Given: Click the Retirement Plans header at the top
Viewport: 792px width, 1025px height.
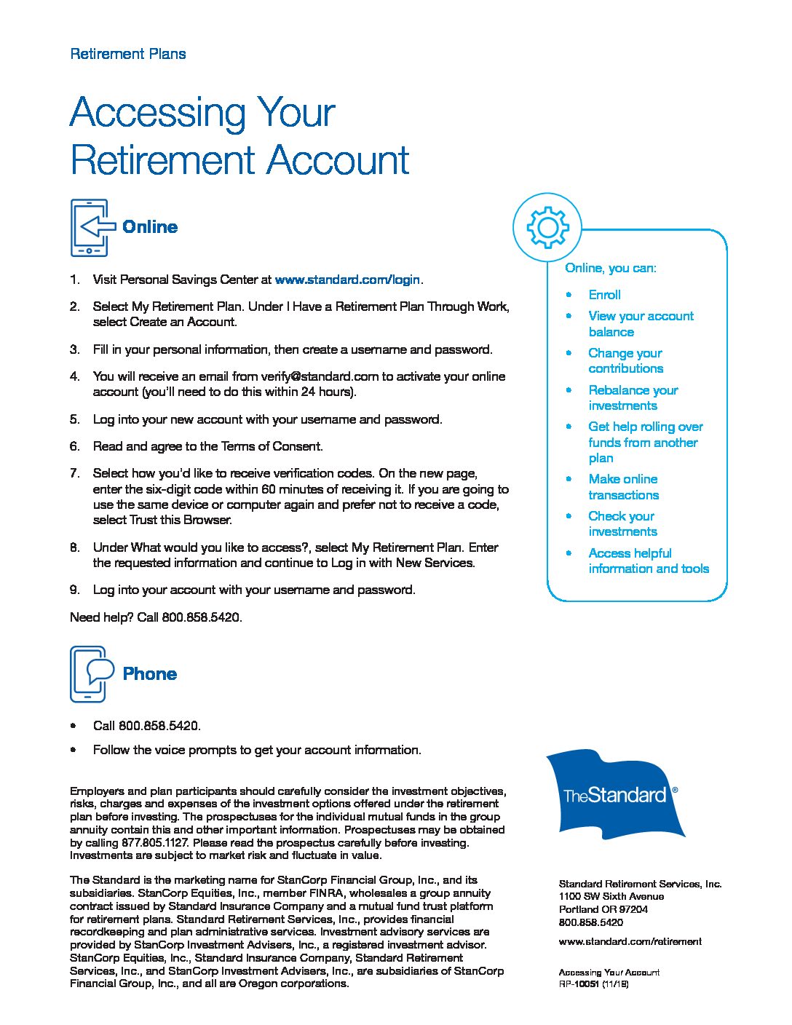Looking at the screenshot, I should (x=127, y=54).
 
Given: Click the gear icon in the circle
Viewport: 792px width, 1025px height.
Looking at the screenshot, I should (x=547, y=228).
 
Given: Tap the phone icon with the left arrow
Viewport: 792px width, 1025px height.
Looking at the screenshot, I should (x=90, y=227).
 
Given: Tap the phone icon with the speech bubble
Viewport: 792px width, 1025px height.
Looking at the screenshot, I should (x=91, y=673).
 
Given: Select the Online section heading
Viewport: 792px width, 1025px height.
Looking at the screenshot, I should (x=150, y=227).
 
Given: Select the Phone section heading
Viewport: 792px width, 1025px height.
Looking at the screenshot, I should (x=150, y=674).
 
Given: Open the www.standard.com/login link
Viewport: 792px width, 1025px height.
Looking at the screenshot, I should (x=348, y=280).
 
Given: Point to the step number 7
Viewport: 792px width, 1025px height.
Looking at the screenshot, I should (x=74, y=473).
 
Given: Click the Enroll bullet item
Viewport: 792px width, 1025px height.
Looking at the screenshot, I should (x=604, y=295).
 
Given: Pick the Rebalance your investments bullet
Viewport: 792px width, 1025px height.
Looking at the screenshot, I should (x=633, y=397).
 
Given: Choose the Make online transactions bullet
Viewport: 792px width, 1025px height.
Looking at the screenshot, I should (x=623, y=487).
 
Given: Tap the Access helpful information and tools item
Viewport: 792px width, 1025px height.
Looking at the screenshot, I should (x=648, y=561).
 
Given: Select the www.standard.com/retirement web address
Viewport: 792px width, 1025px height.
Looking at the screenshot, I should (x=630, y=941).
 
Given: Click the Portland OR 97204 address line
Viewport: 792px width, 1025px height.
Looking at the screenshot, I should (x=603, y=909).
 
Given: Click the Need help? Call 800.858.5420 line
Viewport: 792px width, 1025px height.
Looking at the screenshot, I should (x=156, y=617).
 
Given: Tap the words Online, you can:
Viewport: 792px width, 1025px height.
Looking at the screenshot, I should (x=610, y=268).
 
